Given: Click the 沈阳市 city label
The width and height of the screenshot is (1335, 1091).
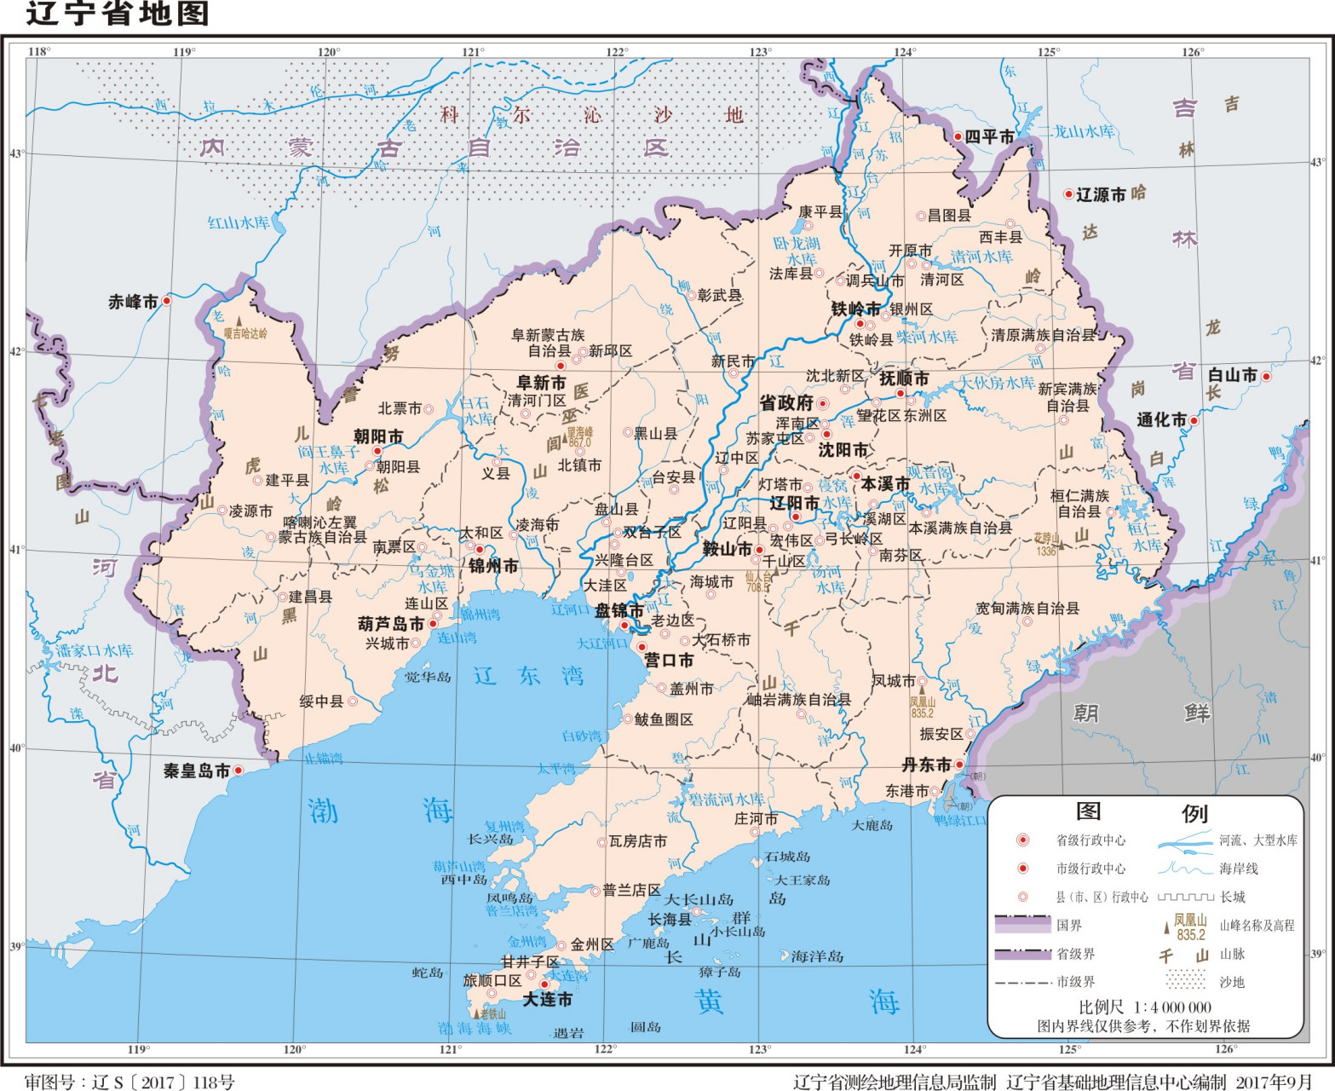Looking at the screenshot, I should point(843,450).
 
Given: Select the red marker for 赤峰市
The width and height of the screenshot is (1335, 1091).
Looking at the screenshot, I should point(167,301).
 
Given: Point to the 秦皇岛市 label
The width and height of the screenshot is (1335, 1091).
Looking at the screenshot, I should point(197,771).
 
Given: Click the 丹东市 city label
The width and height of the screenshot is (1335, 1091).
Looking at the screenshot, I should point(926,765).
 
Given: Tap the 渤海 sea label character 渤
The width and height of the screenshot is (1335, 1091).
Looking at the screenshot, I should point(323,811).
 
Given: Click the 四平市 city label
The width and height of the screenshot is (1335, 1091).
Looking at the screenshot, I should point(989,137).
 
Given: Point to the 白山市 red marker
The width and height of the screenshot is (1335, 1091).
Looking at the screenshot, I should point(1266,377).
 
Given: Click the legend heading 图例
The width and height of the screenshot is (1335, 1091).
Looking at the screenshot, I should point(1141,812).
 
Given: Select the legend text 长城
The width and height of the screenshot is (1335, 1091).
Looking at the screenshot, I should point(1233,897).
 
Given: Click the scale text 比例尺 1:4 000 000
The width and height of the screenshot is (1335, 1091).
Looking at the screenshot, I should point(1144,1007).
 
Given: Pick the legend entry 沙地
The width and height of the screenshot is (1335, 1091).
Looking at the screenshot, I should point(1232,982).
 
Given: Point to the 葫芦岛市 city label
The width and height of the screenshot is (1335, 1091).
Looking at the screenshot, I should point(391,624).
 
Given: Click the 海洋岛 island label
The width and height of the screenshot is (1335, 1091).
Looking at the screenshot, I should point(816,956).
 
